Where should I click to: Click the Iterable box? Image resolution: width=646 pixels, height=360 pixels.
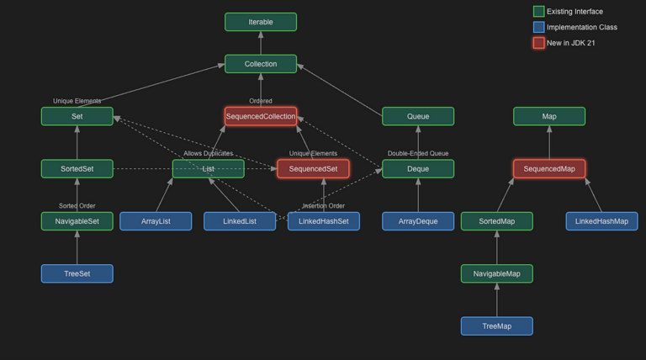point(261,22)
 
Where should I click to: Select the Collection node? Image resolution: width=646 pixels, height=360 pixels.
point(261,64)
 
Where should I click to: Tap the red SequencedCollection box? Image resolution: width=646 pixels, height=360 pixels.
point(261,116)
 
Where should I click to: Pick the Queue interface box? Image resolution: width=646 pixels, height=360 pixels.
point(418,116)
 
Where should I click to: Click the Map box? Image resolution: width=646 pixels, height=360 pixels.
point(549,116)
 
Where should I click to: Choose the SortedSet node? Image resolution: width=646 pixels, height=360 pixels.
point(77,169)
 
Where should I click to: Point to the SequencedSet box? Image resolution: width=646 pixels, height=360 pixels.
point(313,169)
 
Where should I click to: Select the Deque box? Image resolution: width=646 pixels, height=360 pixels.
point(418,169)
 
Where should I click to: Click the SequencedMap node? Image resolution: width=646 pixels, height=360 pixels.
point(549,169)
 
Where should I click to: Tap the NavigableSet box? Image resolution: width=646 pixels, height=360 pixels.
point(77,221)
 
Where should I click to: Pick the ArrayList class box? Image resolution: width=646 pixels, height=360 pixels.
point(156,221)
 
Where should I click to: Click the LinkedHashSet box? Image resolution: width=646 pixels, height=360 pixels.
point(324,221)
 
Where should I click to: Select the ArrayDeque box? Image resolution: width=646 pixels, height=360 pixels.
point(418,221)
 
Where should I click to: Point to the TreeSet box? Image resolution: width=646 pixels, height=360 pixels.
point(77,273)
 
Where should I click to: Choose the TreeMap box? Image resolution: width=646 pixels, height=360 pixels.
point(496,326)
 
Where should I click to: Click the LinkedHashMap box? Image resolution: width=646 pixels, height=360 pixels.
point(601,221)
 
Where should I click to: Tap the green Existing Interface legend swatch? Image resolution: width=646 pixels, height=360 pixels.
point(538,12)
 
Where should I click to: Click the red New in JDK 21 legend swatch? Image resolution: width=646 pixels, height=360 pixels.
point(538,43)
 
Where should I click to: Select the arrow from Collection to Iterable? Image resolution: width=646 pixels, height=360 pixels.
point(261,43)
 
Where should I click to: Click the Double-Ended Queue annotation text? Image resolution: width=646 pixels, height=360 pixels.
point(418,154)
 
